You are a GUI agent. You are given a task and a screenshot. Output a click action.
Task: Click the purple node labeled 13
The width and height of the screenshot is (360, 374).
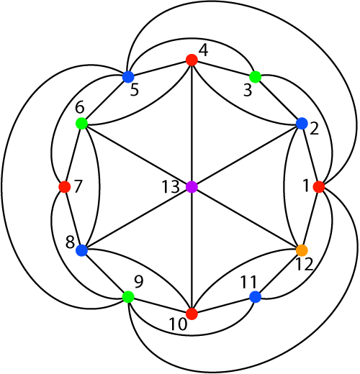pyautogui.click(x=192, y=187)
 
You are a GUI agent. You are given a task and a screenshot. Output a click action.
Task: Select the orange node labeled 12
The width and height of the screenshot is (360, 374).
pyautogui.click(x=302, y=250)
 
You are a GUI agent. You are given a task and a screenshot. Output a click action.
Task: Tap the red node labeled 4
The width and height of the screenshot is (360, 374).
pyautogui.click(x=192, y=60)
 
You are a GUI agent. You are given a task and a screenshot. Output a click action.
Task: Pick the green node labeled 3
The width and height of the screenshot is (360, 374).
pyautogui.click(x=256, y=77)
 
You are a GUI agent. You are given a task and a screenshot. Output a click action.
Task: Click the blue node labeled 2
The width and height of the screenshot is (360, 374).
pyautogui.click(x=302, y=124)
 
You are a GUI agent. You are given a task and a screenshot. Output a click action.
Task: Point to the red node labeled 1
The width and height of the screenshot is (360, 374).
pyautogui.click(x=319, y=187)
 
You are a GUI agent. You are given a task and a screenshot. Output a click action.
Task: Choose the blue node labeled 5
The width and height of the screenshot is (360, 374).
pyautogui.click(x=128, y=77)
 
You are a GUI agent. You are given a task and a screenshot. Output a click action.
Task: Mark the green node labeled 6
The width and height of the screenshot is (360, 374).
pyautogui.click(x=81, y=124)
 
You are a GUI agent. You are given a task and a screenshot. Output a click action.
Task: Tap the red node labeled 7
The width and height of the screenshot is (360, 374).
pyautogui.click(x=65, y=187)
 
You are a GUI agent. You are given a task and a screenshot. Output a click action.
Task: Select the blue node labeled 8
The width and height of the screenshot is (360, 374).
pyautogui.click(x=81, y=250)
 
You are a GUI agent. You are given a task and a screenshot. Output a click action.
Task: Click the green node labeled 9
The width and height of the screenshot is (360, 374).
pyautogui.click(x=128, y=297)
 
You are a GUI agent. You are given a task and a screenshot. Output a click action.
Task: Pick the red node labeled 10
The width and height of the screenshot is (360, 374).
pyautogui.click(x=192, y=314)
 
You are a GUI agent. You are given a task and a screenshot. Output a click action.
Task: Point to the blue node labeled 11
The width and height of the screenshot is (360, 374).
pyautogui.click(x=256, y=297)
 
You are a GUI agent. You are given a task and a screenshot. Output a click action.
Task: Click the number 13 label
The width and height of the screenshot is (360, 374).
pyautogui.click(x=171, y=187)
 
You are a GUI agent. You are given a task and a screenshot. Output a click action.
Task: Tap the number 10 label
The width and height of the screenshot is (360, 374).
pyautogui.click(x=178, y=324)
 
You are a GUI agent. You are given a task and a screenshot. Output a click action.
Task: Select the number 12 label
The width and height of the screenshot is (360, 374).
pyautogui.click(x=305, y=265)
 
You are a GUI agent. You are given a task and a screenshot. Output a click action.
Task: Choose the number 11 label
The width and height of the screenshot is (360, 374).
pyautogui.click(x=248, y=282)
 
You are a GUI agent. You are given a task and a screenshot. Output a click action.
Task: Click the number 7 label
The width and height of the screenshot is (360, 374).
pyautogui.click(x=78, y=186)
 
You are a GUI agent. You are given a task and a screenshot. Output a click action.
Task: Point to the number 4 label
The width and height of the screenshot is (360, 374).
pyautogui.click(x=204, y=50)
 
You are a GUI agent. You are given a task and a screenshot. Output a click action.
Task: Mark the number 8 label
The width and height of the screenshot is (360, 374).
pyautogui.click(x=70, y=242)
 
